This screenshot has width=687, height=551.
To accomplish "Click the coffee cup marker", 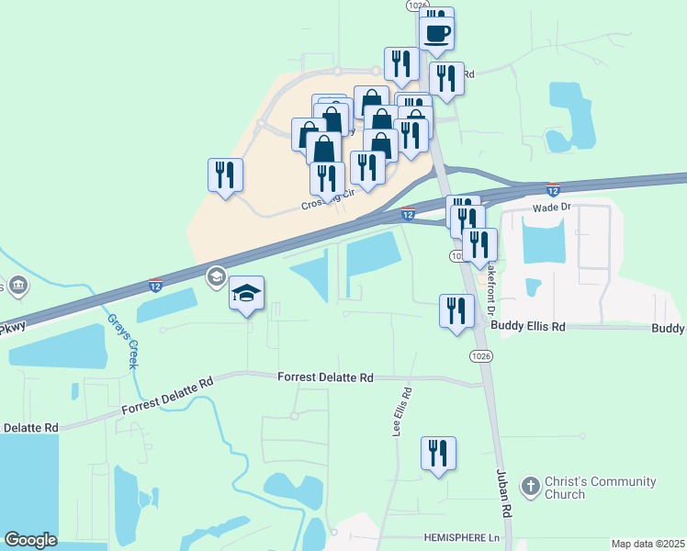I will [437, 33].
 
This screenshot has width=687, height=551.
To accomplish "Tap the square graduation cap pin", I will [246, 294].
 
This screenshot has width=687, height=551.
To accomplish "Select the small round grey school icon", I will [217, 275].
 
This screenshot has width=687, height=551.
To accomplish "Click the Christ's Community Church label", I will [601, 488].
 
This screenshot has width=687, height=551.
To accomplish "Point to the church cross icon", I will [530, 486].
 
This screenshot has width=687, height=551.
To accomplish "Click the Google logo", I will [30, 540].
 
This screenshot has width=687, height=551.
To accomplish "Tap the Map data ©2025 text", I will [648, 544].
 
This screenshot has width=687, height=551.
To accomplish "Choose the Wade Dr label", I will [553, 208].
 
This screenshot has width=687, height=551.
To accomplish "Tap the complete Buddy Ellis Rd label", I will [527, 326].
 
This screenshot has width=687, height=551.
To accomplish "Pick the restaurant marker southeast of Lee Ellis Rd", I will [439, 454].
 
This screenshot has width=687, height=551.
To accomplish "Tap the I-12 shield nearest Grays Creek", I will [155, 286].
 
